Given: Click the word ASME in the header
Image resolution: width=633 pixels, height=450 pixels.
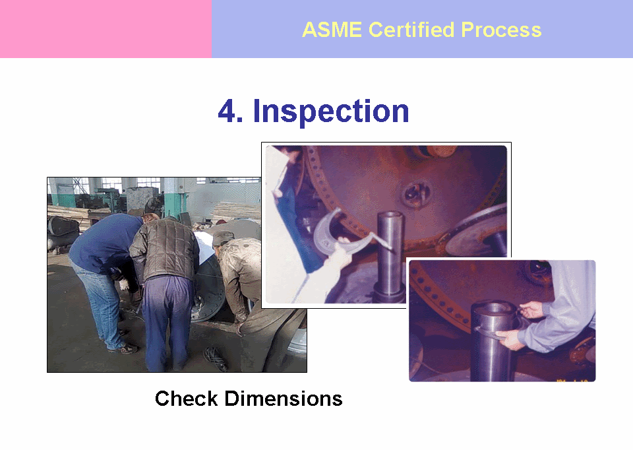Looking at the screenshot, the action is click(x=332, y=30).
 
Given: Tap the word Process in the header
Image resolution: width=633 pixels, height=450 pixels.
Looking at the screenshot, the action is click(x=501, y=30).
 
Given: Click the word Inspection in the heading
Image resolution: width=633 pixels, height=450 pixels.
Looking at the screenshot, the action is click(x=331, y=112).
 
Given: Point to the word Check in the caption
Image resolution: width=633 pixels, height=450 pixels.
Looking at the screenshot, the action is click(x=187, y=399).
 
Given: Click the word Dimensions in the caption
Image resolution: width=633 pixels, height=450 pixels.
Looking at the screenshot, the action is click(x=284, y=399).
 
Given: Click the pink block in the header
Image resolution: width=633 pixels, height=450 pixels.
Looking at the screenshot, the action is click(x=105, y=28).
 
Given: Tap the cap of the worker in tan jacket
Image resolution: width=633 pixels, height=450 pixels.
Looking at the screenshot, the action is click(x=223, y=238).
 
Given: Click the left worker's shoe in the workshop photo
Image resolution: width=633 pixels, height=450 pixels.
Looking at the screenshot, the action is click(x=123, y=348).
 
